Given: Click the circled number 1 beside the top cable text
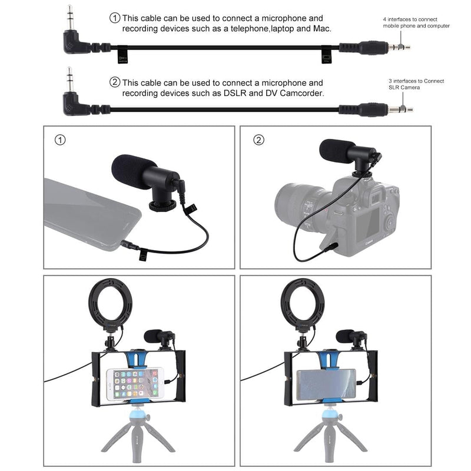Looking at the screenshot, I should pyautogui.click(x=115, y=18).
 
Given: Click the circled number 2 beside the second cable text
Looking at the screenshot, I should pyautogui.click(x=115, y=83).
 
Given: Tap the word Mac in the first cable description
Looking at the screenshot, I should pyautogui.click(x=323, y=29).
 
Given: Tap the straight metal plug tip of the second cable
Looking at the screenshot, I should pyautogui.click(x=404, y=108).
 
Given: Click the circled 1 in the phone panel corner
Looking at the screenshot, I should pyautogui.click(x=59, y=140).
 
